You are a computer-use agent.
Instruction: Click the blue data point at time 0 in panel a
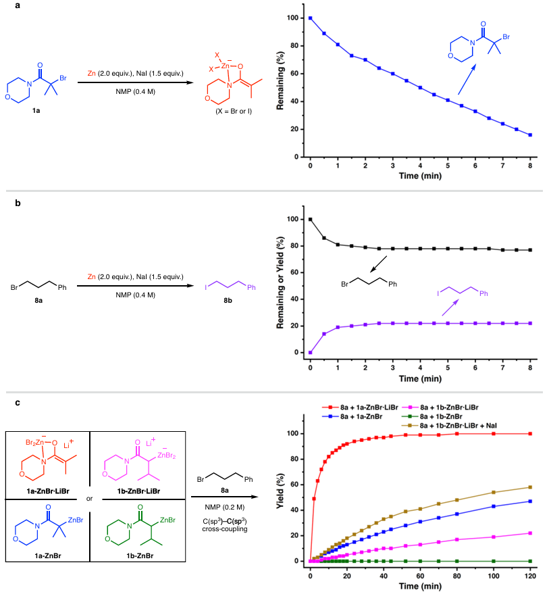click(310, 18)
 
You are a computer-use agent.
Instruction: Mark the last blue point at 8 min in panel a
click(530, 135)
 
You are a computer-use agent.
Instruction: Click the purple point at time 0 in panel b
click(310, 352)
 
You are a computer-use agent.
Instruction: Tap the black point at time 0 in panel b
click(310, 219)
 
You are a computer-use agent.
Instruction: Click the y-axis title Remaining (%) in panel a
click(280, 86)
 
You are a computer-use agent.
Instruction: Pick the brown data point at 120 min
click(530, 487)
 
